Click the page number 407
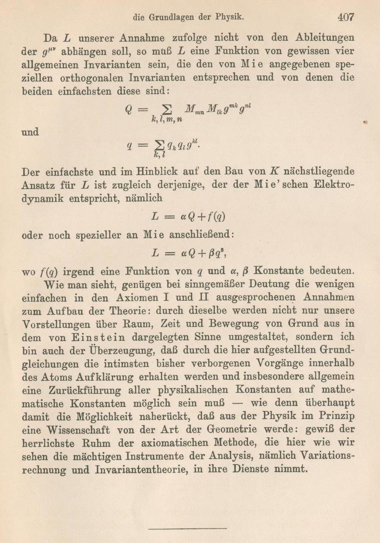pos(346,17)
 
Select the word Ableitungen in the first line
pos(325,38)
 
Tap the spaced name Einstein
pos(99,338)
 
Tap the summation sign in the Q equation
pos(166,109)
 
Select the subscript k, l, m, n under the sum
pos(166,120)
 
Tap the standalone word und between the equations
pos(30,132)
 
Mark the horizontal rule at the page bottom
pos(187,528)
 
